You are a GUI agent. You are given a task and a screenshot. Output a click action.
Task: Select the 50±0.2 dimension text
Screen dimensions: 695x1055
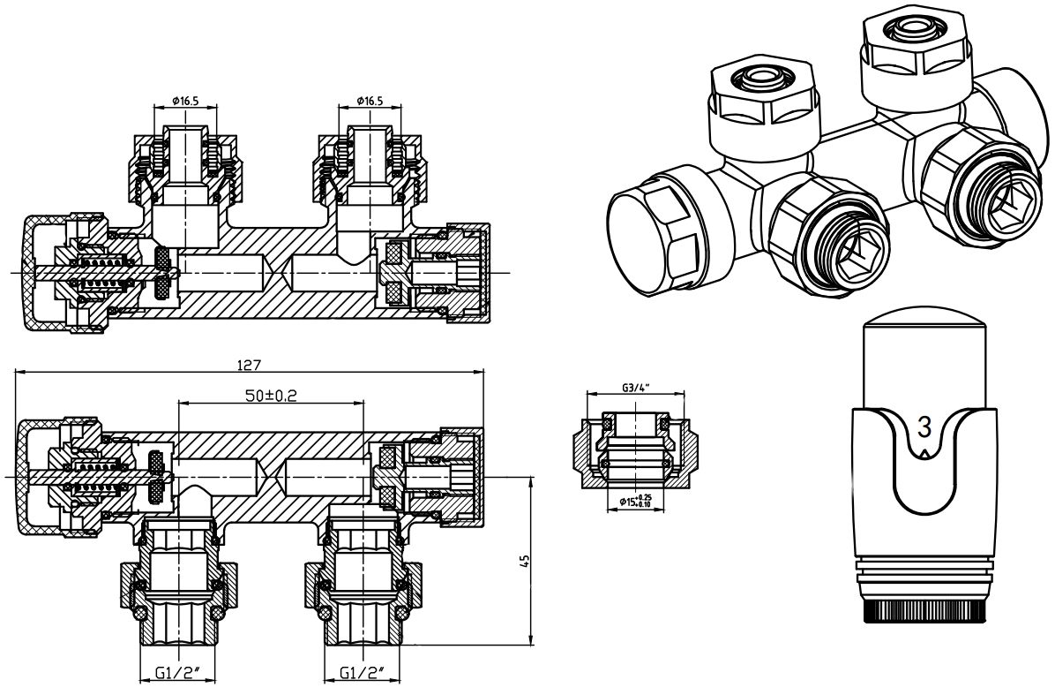[x=270, y=396]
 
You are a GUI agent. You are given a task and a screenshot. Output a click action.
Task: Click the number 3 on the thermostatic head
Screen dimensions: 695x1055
[x=924, y=427]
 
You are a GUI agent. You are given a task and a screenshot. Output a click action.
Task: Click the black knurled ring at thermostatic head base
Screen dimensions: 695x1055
[x=924, y=610]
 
